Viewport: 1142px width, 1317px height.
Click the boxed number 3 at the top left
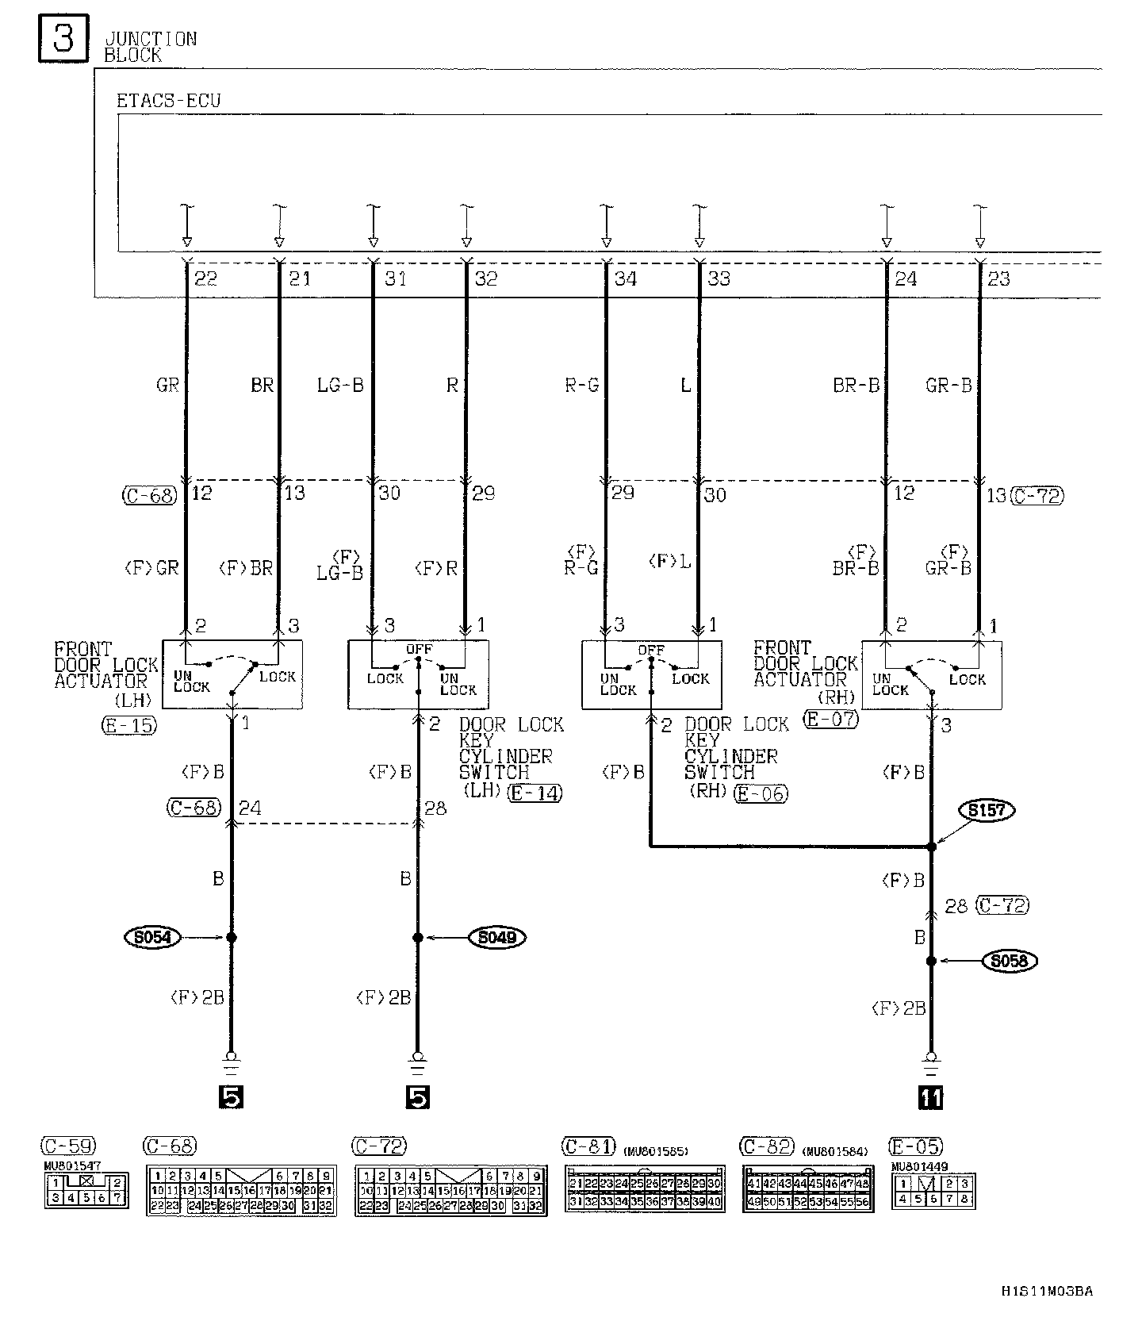coord(63,40)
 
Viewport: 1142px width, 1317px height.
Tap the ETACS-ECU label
coord(168,101)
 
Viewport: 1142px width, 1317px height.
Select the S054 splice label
coord(153,937)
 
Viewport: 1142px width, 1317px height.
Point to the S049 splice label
coord(497,937)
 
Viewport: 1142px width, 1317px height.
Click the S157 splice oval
coord(987,810)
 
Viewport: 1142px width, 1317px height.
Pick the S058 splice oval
coord(1009,961)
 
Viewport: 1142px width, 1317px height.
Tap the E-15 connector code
coord(129,724)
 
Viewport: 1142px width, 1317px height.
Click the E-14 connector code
coord(536,792)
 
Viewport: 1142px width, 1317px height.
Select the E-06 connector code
coord(761,793)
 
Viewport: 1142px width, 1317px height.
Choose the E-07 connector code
coord(831,720)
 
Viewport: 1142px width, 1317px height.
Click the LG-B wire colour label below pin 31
coord(340,386)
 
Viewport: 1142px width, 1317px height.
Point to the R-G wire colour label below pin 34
coord(581,386)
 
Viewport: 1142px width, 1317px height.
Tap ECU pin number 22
coord(205,278)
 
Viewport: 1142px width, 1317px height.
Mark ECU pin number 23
coord(998,278)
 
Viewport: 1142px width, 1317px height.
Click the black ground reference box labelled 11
coord(931,1097)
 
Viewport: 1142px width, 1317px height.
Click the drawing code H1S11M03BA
coord(1046,1291)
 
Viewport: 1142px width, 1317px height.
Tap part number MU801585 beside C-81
coord(656,1151)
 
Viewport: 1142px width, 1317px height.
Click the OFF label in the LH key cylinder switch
coord(419,649)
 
